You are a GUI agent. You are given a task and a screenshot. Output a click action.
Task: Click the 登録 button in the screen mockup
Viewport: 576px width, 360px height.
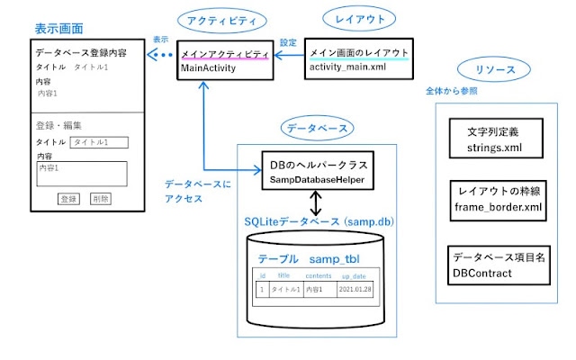point(68,198)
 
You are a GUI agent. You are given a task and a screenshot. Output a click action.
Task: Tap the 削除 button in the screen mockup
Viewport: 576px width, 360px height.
point(100,198)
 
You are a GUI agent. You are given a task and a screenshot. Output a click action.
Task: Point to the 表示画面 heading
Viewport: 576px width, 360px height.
point(33,30)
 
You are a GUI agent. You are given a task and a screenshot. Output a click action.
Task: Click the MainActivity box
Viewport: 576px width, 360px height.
point(224,60)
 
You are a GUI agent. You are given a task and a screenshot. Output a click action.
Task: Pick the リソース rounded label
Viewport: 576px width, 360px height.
point(487,69)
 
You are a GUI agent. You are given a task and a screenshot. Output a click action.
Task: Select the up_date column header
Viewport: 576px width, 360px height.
point(353,274)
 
